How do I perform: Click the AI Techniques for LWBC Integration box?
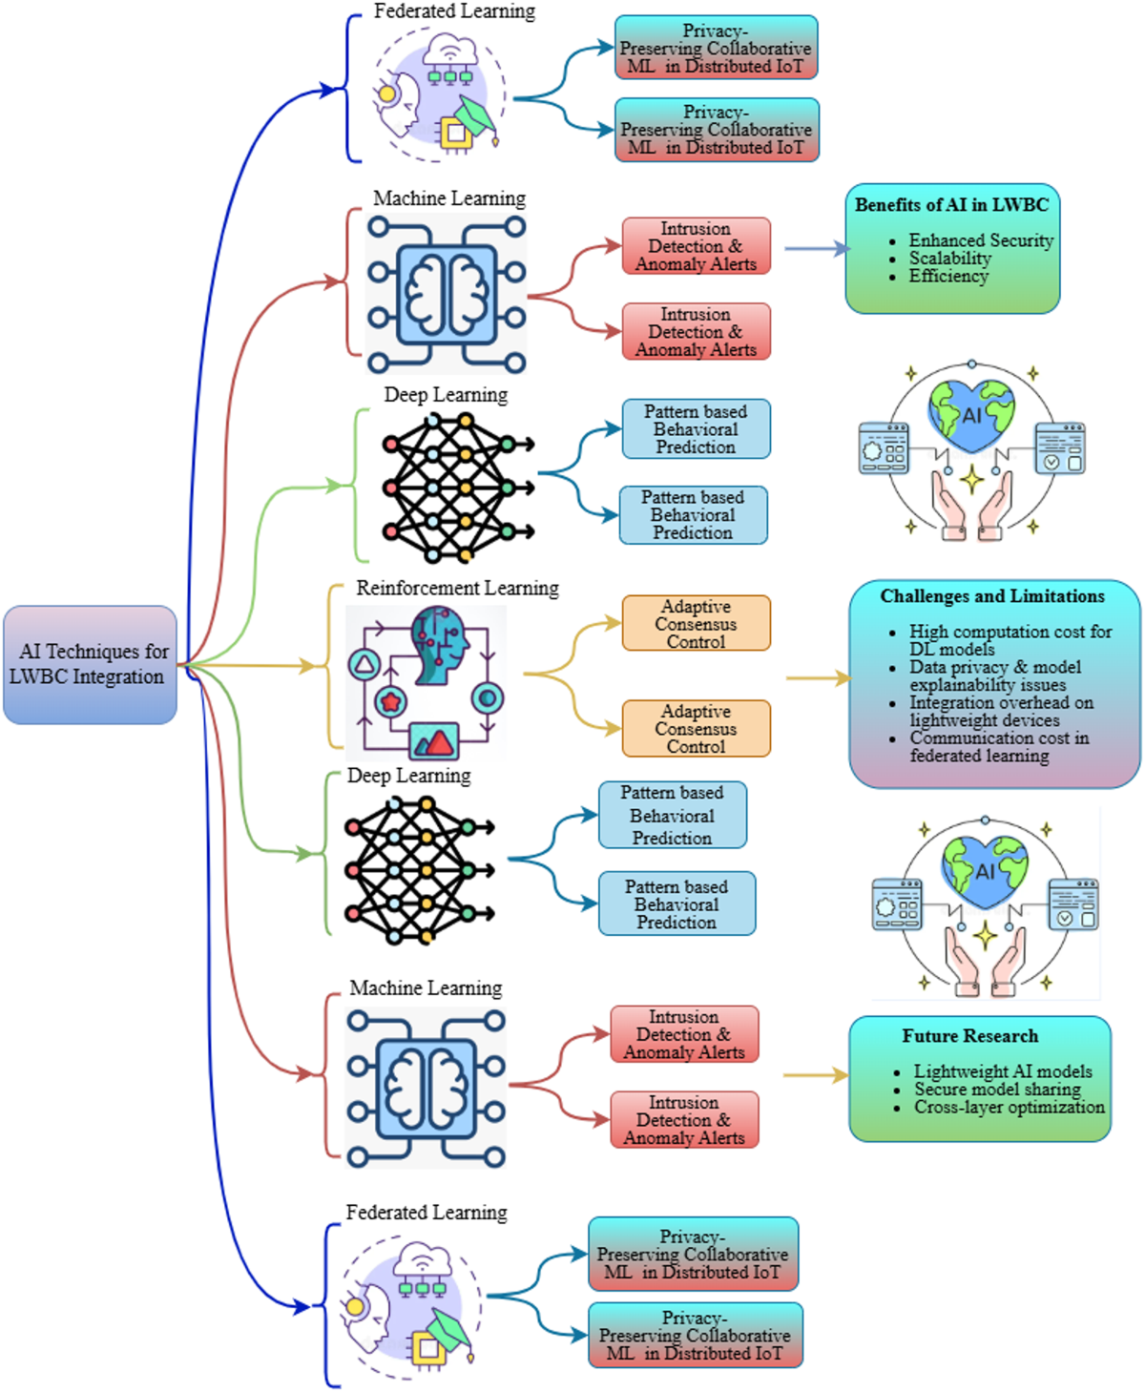(x=91, y=664)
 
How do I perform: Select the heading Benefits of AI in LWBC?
(x=951, y=205)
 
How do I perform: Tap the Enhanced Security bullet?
(x=980, y=240)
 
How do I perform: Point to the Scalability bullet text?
(x=949, y=259)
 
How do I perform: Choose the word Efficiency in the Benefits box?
(x=948, y=277)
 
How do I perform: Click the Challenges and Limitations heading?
(x=992, y=596)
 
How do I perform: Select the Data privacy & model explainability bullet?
(x=994, y=675)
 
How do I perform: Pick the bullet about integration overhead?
(x=1000, y=712)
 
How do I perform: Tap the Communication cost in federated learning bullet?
(x=998, y=747)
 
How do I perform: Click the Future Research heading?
(x=969, y=1036)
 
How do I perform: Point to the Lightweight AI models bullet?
(x=1002, y=1071)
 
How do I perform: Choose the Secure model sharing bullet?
(x=997, y=1090)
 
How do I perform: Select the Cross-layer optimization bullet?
(x=1009, y=1108)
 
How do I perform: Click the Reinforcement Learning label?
(x=457, y=589)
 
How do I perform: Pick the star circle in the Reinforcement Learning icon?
(x=390, y=702)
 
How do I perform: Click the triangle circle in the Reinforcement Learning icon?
(x=364, y=665)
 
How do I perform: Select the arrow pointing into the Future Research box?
(x=816, y=1075)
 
